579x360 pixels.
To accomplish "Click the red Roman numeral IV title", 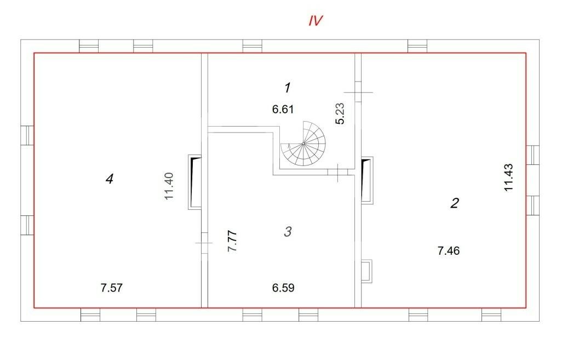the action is coord(316,21).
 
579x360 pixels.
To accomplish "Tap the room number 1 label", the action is coord(287,88).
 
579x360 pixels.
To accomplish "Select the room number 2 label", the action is coord(455,203).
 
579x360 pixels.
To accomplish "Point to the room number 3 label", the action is coord(288,232).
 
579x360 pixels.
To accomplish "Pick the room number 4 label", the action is coord(110,179).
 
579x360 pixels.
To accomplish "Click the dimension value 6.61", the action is coord(283,109).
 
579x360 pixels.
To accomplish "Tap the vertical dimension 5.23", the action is coord(340,113).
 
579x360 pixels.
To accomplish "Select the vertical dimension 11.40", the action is coord(169,186).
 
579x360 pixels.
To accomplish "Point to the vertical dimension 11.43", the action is coord(508,177).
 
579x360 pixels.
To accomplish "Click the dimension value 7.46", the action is coord(449,251).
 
